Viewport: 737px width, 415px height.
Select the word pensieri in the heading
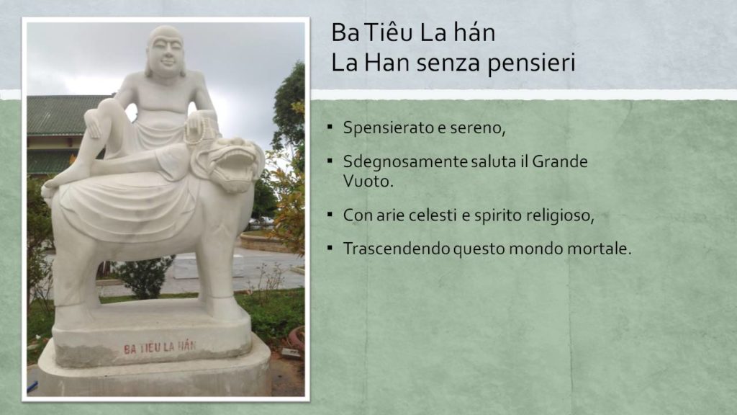coord(531,63)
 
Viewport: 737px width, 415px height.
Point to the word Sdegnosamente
coord(406,162)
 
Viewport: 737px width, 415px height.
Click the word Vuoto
coord(368,181)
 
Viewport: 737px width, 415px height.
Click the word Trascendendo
coord(397,249)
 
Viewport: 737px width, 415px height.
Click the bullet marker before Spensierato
coord(330,127)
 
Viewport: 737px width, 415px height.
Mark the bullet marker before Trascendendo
coord(330,248)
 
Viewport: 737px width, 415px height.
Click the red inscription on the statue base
coord(159,348)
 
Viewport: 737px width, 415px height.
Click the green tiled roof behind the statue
coord(65,115)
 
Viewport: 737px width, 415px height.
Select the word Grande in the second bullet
coord(560,162)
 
